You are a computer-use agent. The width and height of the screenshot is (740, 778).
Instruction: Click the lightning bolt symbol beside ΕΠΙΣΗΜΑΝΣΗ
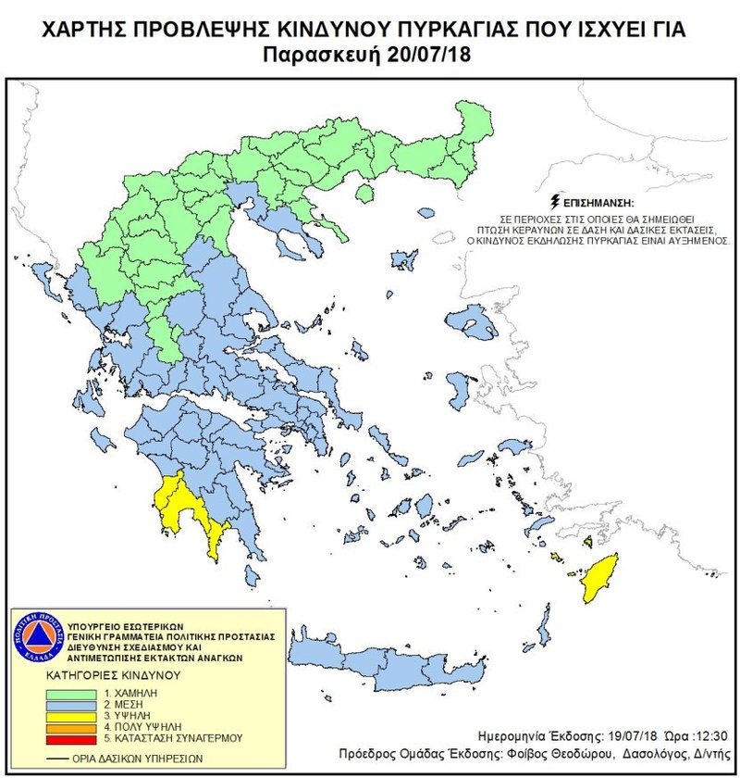click(554, 200)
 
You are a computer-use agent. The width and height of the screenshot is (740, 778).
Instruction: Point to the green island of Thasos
click(365, 193)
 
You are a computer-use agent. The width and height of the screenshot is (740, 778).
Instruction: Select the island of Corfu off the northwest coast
click(43, 274)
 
